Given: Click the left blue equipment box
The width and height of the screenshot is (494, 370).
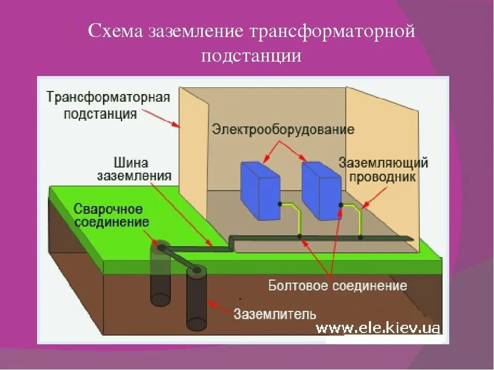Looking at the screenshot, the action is pyautogui.click(x=260, y=190).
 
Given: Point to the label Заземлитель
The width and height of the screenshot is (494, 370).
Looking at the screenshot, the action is pyautogui.click(x=275, y=313).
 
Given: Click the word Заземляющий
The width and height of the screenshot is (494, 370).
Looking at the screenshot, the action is pyautogui.click(x=383, y=163).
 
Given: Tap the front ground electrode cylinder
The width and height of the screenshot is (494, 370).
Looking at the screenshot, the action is pyautogui.click(x=196, y=298).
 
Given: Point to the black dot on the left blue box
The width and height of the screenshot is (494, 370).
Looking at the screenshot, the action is pyautogui.click(x=280, y=204).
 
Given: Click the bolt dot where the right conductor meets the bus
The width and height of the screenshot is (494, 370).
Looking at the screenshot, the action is pyautogui.click(x=360, y=237).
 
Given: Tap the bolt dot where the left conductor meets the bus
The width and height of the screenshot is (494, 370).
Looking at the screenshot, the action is pyautogui.click(x=299, y=237).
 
